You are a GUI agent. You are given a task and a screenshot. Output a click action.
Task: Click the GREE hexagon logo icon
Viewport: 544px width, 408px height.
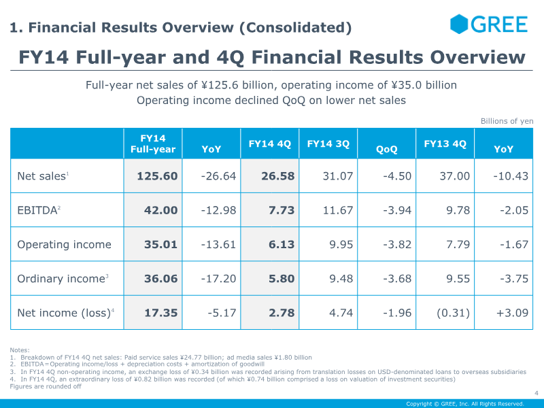pos(458,24)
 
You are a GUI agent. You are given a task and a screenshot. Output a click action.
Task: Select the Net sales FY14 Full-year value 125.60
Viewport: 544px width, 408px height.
pos(157,176)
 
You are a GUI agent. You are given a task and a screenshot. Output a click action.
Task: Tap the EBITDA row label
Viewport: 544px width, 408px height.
pos(37,210)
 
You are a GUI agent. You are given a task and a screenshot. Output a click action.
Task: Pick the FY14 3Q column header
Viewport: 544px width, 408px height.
pos(328,143)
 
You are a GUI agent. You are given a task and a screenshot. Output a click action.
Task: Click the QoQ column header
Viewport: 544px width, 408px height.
pos(386,149)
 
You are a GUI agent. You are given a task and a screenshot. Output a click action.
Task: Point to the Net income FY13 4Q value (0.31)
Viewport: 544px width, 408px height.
pos(453,313)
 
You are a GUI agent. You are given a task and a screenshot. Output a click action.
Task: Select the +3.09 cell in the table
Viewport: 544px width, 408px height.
pos(513,313)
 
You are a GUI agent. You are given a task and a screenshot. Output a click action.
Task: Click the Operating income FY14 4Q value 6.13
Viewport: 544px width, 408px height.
pos(282,245)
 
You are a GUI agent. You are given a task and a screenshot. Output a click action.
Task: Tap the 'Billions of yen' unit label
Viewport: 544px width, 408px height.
pos(507,121)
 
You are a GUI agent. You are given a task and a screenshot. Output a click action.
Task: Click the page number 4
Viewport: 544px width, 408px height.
pos(537,393)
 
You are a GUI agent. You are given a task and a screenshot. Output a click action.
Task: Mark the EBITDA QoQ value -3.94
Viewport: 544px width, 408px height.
pos(397,210)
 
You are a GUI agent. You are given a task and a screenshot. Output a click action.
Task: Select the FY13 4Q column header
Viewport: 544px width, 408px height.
pos(445,143)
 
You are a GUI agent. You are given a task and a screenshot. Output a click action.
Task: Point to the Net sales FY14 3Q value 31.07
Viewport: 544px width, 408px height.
pos(338,176)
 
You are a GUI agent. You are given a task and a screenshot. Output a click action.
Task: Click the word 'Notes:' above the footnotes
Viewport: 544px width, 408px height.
pos(20,350)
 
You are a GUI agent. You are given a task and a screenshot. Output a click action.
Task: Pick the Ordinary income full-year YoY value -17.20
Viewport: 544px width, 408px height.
pos(218,279)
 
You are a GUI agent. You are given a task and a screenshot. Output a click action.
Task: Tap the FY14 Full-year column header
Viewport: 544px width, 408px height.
pos(153,143)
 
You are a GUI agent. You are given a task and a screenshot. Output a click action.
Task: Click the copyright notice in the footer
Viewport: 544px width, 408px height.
pos(465,404)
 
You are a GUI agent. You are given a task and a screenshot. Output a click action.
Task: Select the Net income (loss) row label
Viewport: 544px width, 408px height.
pos(64,313)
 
